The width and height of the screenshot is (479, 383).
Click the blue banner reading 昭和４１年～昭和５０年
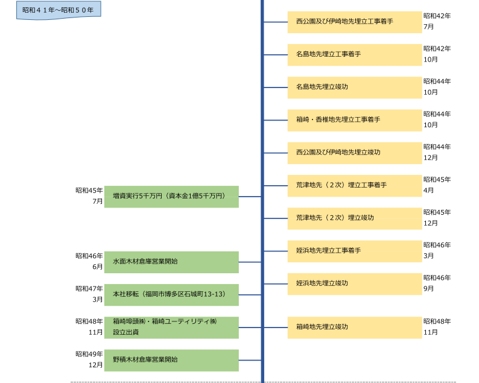(x=58, y=10)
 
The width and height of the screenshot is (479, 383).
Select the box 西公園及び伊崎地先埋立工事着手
(x=354, y=22)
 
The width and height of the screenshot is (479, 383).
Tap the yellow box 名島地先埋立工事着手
(x=354, y=54)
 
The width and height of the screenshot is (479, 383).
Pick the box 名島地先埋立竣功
(x=354, y=87)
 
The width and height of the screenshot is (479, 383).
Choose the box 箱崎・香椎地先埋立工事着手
(x=354, y=120)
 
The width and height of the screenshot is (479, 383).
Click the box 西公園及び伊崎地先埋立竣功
(x=354, y=153)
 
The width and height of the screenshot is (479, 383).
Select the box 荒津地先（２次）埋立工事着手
(x=354, y=185)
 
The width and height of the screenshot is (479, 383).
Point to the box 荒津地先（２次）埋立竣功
(x=354, y=218)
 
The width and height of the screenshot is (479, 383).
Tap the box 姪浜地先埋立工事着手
(x=354, y=251)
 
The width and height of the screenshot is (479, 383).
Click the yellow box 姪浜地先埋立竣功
(x=354, y=283)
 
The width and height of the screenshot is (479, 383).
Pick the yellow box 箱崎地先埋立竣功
(x=354, y=328)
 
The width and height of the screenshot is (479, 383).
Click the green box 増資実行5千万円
(x=171, y=197)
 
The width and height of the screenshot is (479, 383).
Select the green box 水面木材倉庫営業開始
(x=171, y=262)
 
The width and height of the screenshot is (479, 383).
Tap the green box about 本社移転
(x=171, y=294)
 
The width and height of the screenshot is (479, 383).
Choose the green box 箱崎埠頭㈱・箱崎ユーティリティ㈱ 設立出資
(x=171, y=328)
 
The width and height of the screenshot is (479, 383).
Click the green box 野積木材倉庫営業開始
(x=171, y=360)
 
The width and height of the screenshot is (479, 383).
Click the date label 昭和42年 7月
(x=436, y=21)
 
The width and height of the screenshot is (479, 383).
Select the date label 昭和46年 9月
(x=436, y=283)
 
